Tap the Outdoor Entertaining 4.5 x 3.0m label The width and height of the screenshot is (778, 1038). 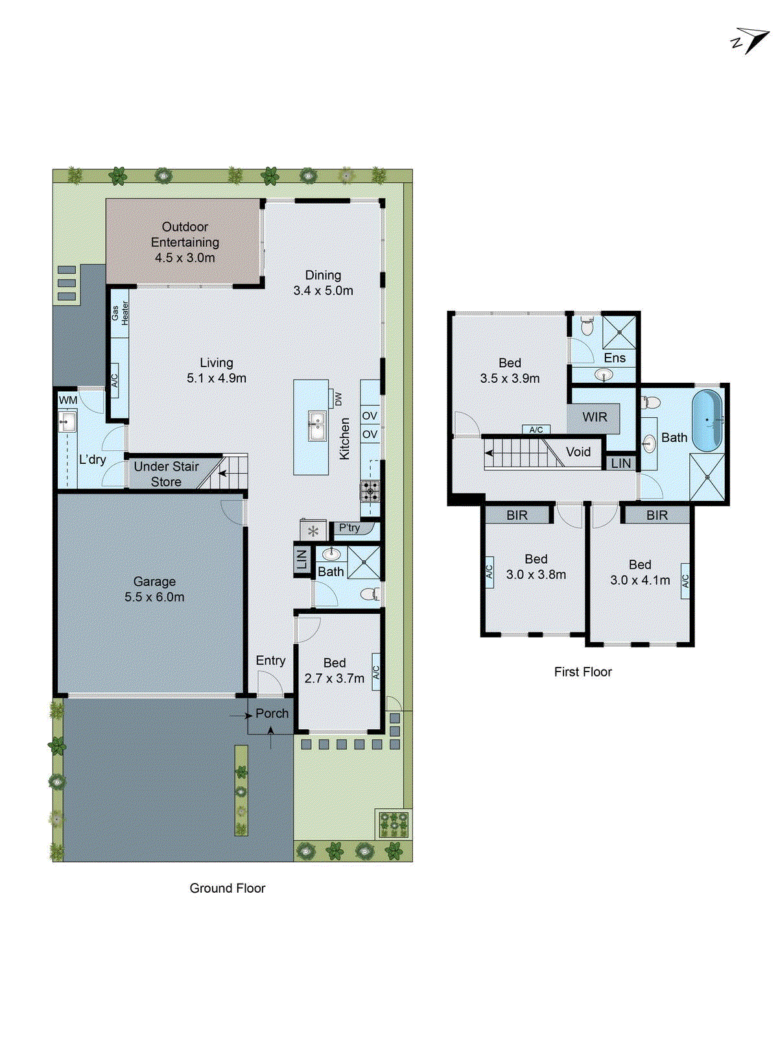(185, 242)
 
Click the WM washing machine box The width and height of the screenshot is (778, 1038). (68, 400)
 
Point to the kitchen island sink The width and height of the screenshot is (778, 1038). (317, 426)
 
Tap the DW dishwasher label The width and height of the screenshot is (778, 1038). (338, 399)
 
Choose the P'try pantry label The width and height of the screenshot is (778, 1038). (349, 527)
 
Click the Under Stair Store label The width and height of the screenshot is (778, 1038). (166, 474)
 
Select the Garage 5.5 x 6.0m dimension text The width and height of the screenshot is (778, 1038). (154, 597)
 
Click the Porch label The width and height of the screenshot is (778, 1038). (272, 713)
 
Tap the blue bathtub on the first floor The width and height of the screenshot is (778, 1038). (707, 420)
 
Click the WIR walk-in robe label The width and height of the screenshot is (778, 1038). (595, 417)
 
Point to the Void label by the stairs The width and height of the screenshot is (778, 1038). (578, 452)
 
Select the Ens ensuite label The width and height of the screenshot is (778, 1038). (615, 358)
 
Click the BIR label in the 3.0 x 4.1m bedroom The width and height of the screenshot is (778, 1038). (657, 515)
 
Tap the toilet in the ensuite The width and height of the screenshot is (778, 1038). (587, 326)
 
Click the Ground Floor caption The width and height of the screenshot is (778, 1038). (228, 888)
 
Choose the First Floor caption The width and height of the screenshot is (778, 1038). (583, 672)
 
